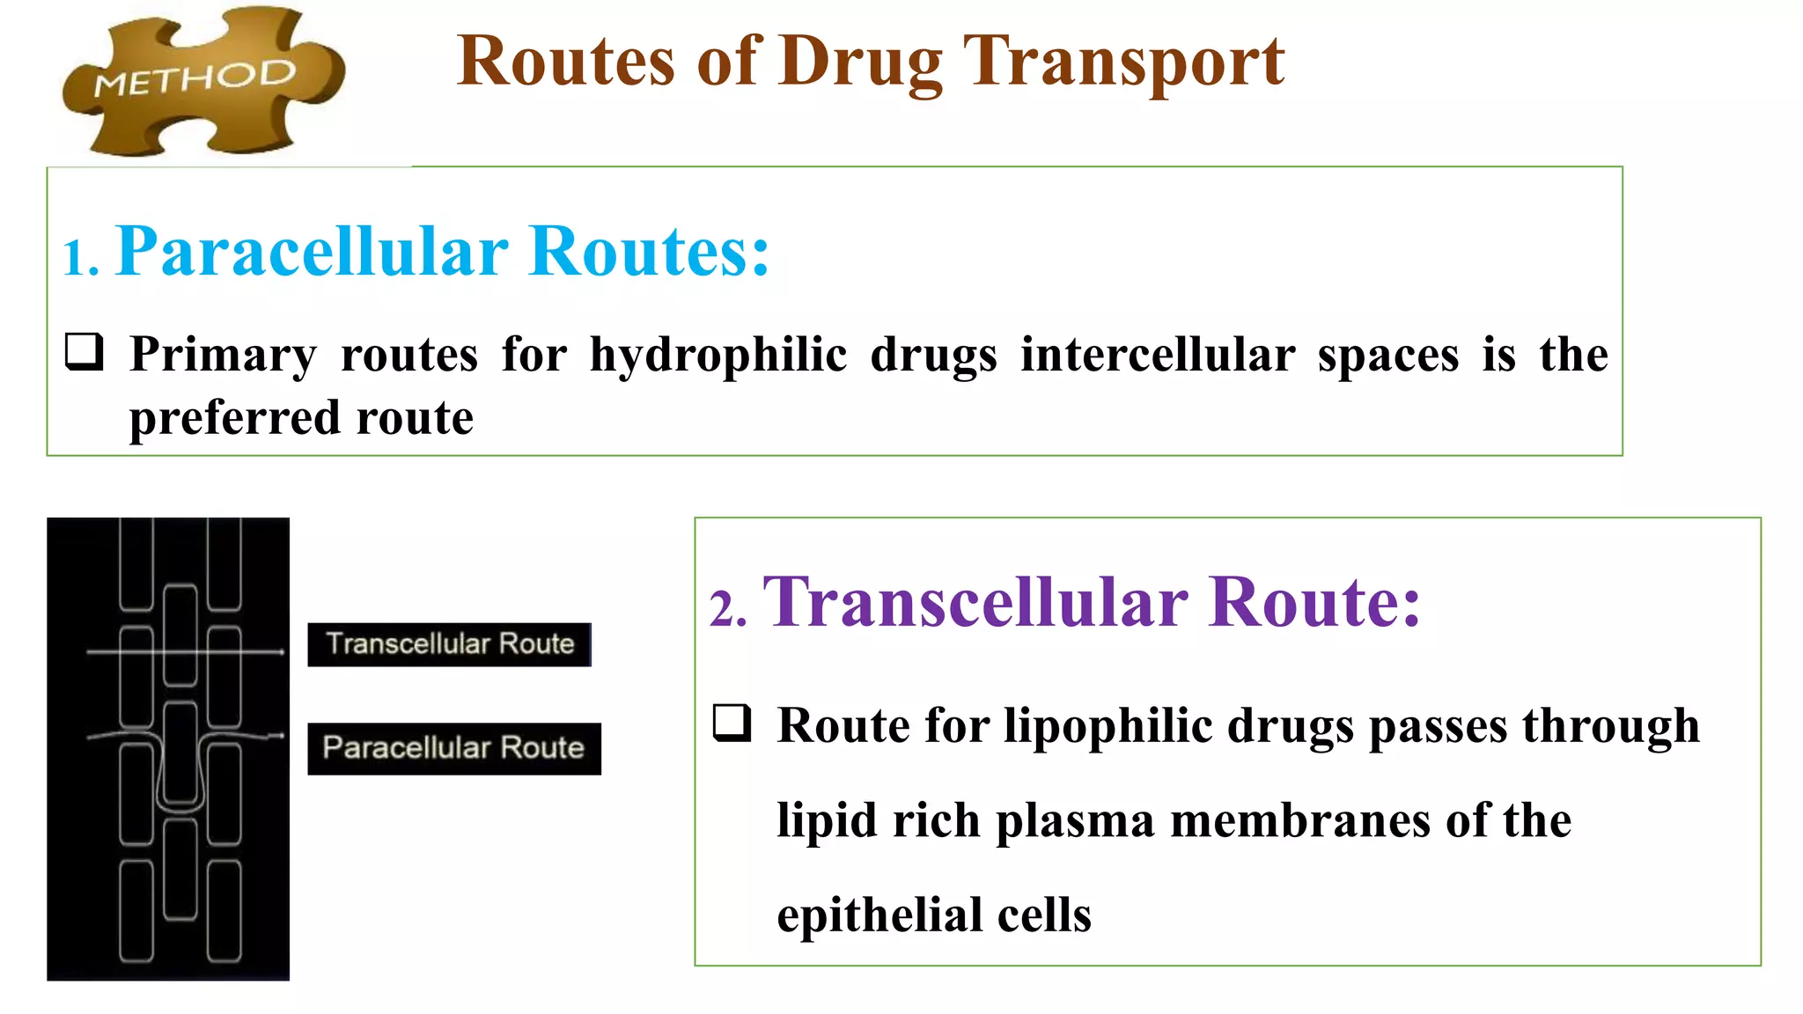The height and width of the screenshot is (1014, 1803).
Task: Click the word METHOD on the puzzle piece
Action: point(195,78)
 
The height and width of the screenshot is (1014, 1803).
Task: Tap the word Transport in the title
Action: point(1124,62)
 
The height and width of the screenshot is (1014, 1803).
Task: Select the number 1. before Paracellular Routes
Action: point(80,259)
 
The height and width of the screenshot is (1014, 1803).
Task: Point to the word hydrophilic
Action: point(718,356)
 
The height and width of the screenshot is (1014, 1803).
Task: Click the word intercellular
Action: point(1157,355)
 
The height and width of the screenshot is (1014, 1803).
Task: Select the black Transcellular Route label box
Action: point(449,644)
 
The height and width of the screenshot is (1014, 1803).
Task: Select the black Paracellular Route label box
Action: point(453,748)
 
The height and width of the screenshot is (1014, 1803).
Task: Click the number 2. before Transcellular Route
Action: point(728,609)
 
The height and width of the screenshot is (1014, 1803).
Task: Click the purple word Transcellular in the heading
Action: point(975,602)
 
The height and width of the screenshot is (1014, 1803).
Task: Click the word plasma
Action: point(1074,820)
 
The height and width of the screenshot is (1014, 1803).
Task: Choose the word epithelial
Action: point(878,915)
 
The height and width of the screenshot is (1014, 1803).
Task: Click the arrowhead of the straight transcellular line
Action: point(281,652)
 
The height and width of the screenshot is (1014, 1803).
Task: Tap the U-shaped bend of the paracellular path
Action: point(180,804)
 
